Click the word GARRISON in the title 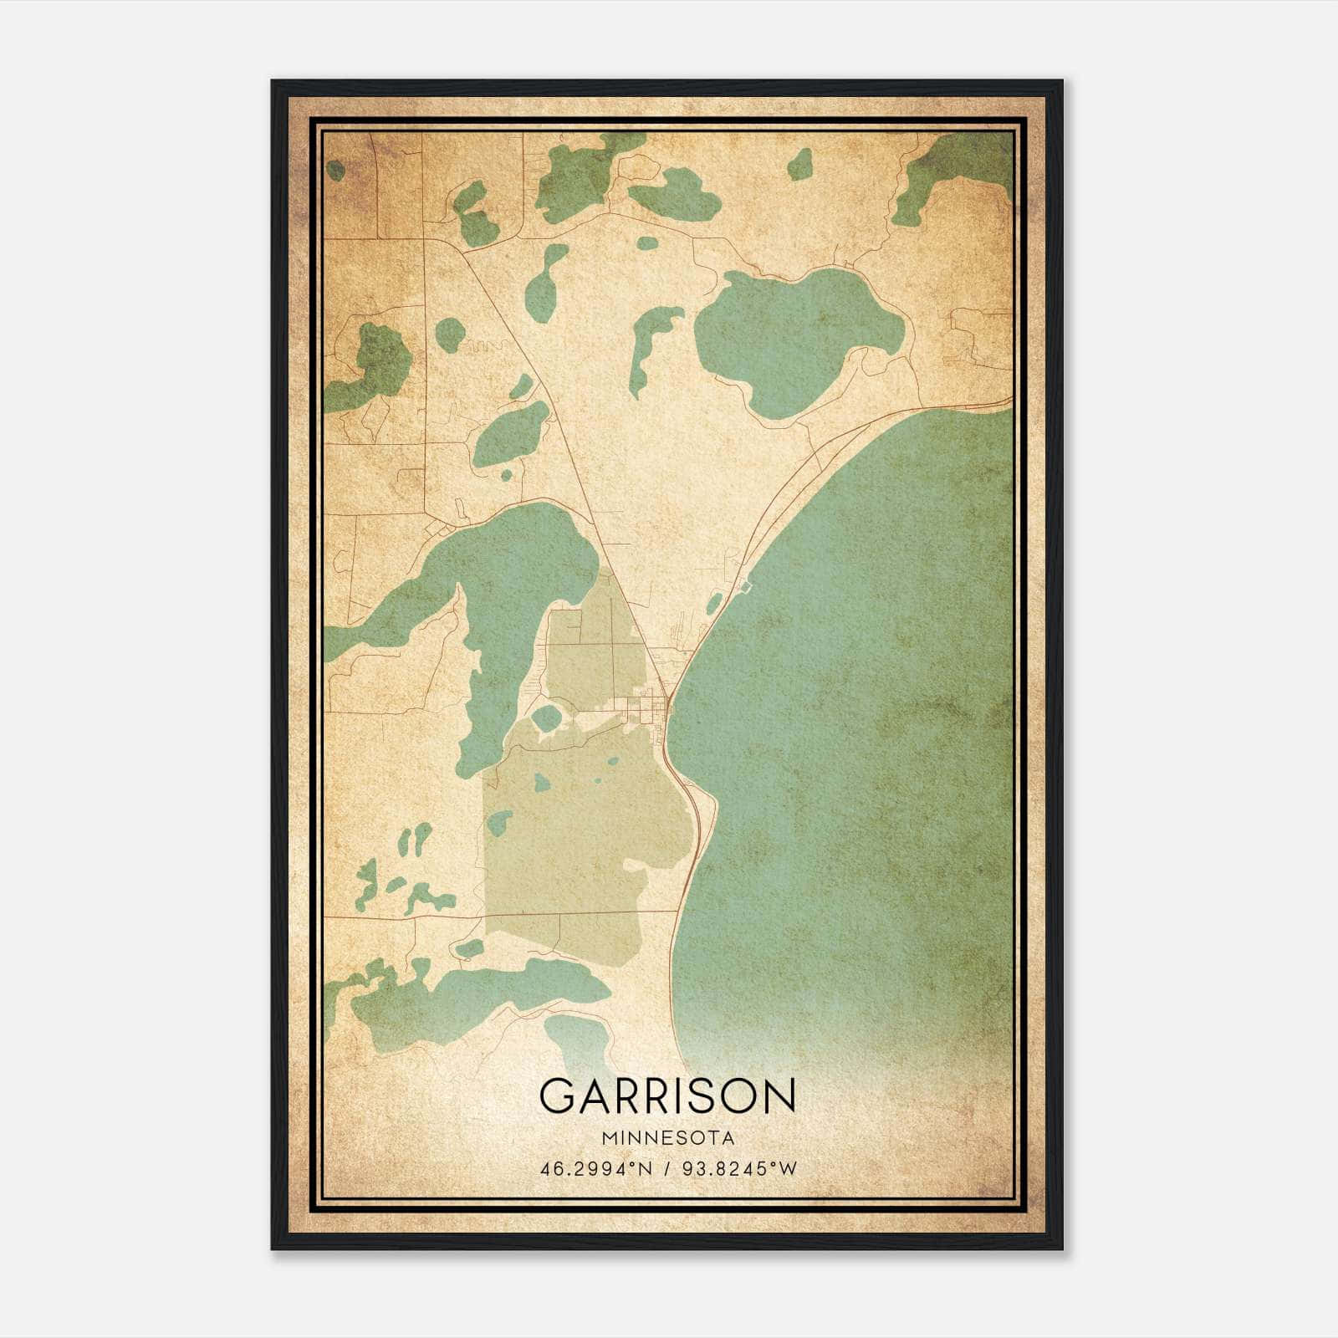[667, 1095]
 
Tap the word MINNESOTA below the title [667, 1138]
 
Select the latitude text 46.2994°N [594, 1168]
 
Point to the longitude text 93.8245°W [741, 1168]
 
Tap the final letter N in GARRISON [779, 1095]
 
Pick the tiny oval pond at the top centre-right [800, 164]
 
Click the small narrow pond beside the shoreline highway [714, 603]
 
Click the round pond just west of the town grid [547, 718]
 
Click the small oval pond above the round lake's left [647, 243]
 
